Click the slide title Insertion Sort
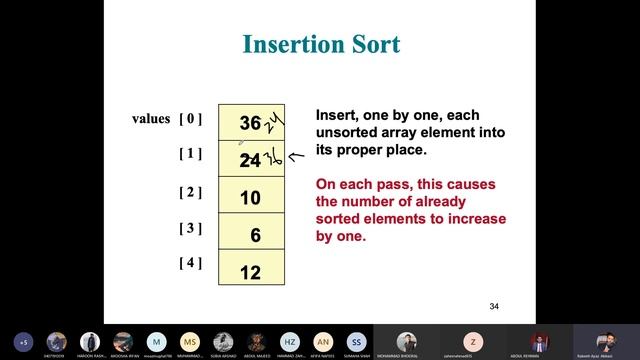(x=321, y=45)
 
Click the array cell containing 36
(x=251, y=123)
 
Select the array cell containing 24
(x=251, y=159)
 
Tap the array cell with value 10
(x=251, y=197)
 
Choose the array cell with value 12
(x=251, y=271)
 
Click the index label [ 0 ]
(x=190, y=119)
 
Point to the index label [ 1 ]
(x=190, y=154)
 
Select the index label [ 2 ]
(x=190, y=191)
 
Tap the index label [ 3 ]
(x=190, y=228)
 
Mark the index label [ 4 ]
(x=190, y=264)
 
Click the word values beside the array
(x=151, y=119)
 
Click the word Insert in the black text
(x=336, y=115)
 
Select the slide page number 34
(x=494, y=305)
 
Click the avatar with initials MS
(x=189, y=340)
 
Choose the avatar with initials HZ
(x=288, y=340)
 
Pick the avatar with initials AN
(x=322, y=340)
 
